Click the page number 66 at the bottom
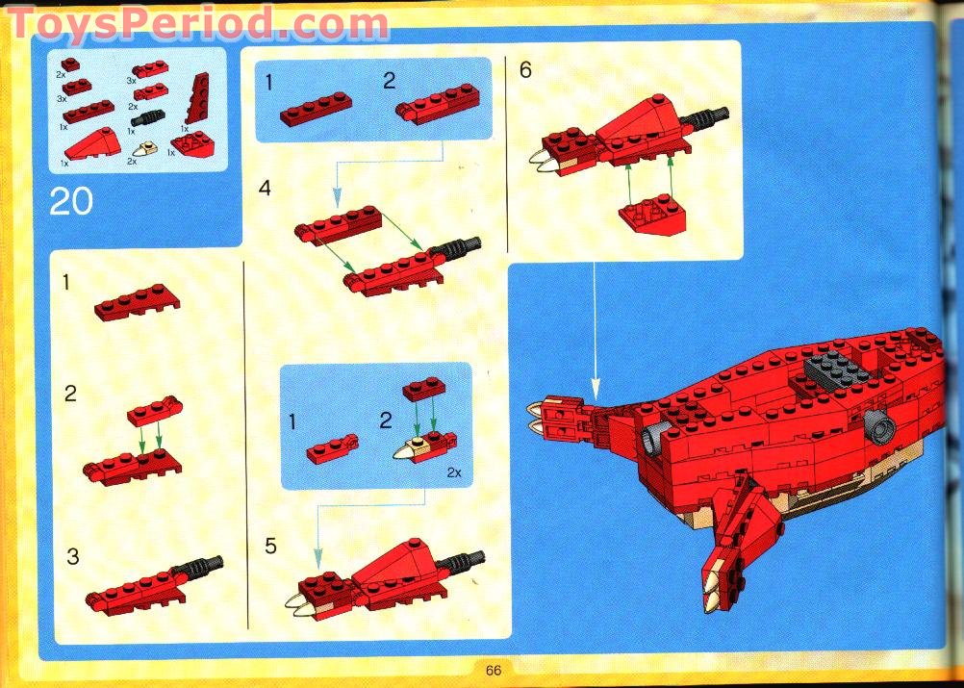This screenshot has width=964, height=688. [494, 670]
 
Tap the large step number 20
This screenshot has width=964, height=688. [71, 201]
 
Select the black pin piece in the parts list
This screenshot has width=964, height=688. [148, 117]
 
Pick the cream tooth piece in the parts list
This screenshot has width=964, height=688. [146, 149]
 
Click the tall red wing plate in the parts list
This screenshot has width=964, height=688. [197, 97]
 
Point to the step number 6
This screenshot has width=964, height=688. [525, 70]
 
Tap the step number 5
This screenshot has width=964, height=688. [270, 546]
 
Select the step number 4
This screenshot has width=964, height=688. [265, 188]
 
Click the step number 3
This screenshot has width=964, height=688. [72, 556]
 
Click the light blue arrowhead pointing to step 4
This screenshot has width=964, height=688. [337, 197]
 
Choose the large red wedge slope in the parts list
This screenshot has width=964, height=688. [92, 144]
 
